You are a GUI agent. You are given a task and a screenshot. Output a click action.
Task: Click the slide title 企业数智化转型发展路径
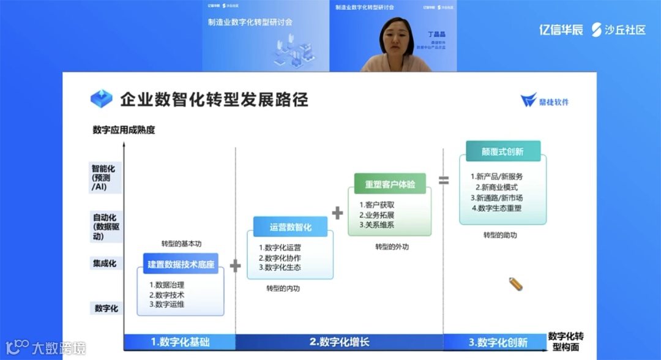pyautogui.click(x=214, y=99)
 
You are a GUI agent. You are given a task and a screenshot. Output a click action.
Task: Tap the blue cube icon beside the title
pyautogui.click(x=102, y=99)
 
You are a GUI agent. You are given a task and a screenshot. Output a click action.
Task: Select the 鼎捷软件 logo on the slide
pyautogui.click(x=545, y=101)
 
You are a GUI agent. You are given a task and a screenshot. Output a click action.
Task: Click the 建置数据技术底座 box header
pyautogui.click(x=181, y=264)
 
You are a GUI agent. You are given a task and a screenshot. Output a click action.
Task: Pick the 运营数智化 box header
pyautogui.click(x=291, y=227)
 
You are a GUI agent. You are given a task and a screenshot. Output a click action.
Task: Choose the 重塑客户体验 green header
pyautogui.click(x=390, y=184)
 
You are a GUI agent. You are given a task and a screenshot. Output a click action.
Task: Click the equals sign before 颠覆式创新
pyautogui.click(x=444, y=180)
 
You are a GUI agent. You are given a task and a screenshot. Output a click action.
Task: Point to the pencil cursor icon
pyautogui.click(x=515, y=284)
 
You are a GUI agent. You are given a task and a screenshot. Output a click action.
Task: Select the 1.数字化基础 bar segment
pyautogui.click(x=180, y=342)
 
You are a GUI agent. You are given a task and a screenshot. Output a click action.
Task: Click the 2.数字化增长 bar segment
pyautogui.click(x=339, y=342)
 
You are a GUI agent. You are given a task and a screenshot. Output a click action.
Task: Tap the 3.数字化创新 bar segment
pyautogui.click(x=497, y=342)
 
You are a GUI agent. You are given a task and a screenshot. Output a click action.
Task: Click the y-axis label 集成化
pyautogui.click(x=105, y=264)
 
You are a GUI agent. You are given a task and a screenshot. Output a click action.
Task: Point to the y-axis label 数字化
pyautogui.click(x=106, y=309)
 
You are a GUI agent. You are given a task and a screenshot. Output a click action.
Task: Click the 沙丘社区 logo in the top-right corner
pyautogui.click(x=619, y=29)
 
